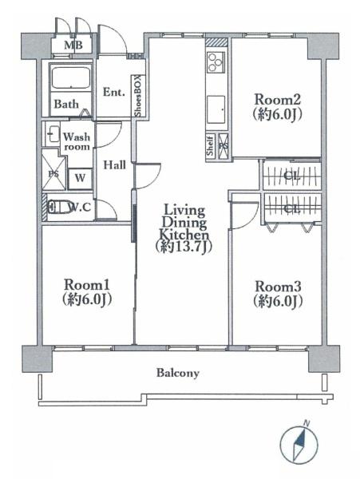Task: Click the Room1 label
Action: click(x=87, y=285)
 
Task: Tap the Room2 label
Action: click(x=278, y=100)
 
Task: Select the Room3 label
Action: click(x=278, y=287)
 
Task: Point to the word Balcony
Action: click(x=178, y=373)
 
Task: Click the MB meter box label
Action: click(x=73, y=46)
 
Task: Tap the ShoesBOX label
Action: click(x=138, y=96)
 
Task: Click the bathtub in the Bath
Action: click(x=71, y=78)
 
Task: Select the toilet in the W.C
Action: click(x=58, y=207)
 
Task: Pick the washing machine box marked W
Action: click(x=80, y=178)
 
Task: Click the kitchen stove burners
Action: click(x=216, y=62)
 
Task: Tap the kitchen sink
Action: click(x=216, y=108)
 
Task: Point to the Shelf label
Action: click(x=210, y=146)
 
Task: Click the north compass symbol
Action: click(x=299, y=444)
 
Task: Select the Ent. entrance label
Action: click(x=114, y=92)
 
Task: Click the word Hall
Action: click(x=114, y=165)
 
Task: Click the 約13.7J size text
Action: click(x=184, y=247)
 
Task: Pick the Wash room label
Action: click(x=77, y=141)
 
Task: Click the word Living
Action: click(x=184, y=210)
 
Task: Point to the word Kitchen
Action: click(x=184, y=235)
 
